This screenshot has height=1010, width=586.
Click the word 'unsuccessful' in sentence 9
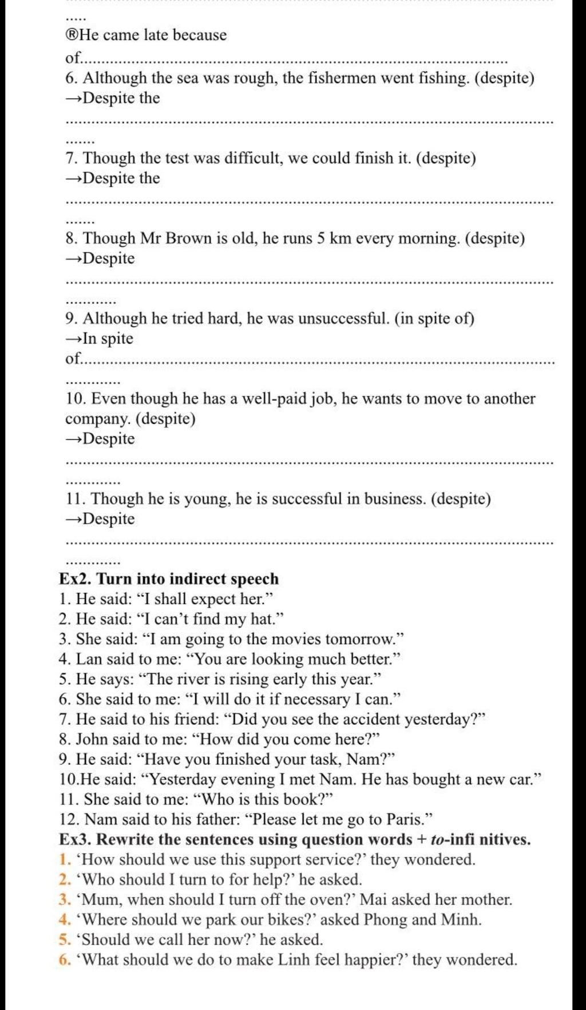(x=345, y=319)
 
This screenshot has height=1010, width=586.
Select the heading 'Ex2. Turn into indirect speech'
(x=169, y=579)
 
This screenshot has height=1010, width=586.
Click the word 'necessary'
(x=316, y=699)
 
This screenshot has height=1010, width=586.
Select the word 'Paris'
(x=405, y=819)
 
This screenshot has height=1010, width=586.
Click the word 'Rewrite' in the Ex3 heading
(x=125, y=839)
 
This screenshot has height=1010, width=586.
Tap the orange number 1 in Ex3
(x=62, y=859)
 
